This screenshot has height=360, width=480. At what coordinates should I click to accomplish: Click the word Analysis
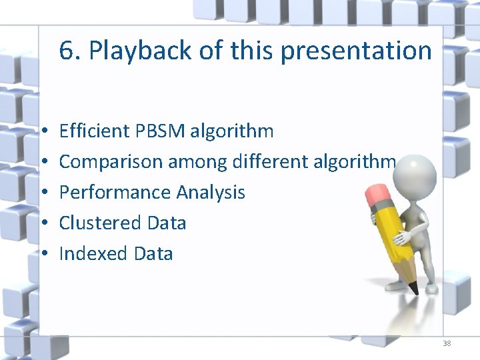211,192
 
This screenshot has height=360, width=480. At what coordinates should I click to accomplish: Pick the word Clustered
94,223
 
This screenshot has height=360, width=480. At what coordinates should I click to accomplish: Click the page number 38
447,344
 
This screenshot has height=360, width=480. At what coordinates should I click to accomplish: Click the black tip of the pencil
414,288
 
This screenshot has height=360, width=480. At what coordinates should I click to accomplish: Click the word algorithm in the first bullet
231,131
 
